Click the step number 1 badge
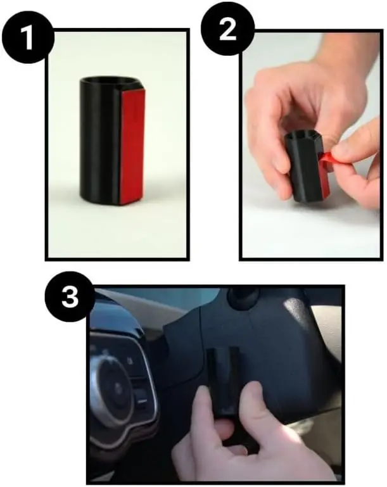click(29, 38)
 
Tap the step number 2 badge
click(227, 29)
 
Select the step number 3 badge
click(70, 297)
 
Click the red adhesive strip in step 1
click(132, 146)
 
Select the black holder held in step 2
click(307, 164)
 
